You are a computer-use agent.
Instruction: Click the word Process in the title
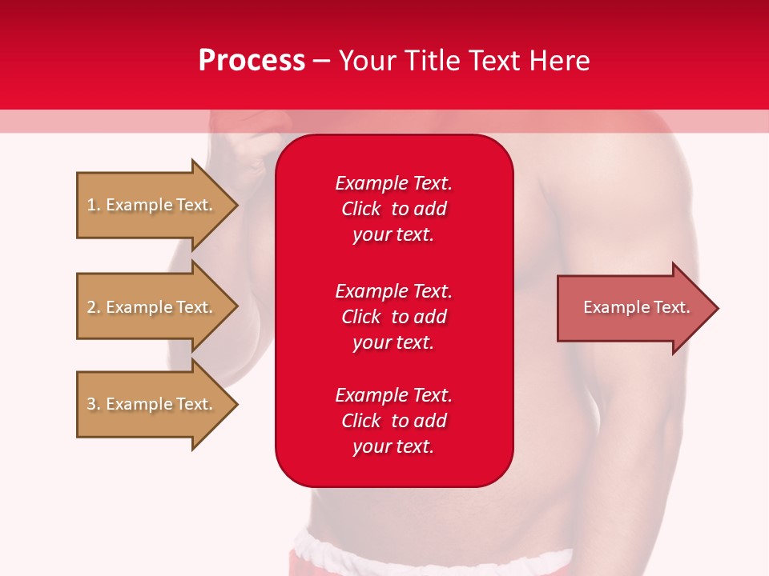point(252,61)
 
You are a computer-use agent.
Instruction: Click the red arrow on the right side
point(633,308)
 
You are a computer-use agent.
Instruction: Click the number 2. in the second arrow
point(94,307)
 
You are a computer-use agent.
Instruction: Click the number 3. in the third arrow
point(94,404)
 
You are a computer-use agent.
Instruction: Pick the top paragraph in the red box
point(393,209)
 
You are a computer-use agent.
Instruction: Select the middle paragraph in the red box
point(393,317)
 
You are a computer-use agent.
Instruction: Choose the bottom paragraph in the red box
point(393,421)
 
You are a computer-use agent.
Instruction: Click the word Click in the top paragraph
point(360,209)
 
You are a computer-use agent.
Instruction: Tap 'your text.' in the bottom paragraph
point(393,446)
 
